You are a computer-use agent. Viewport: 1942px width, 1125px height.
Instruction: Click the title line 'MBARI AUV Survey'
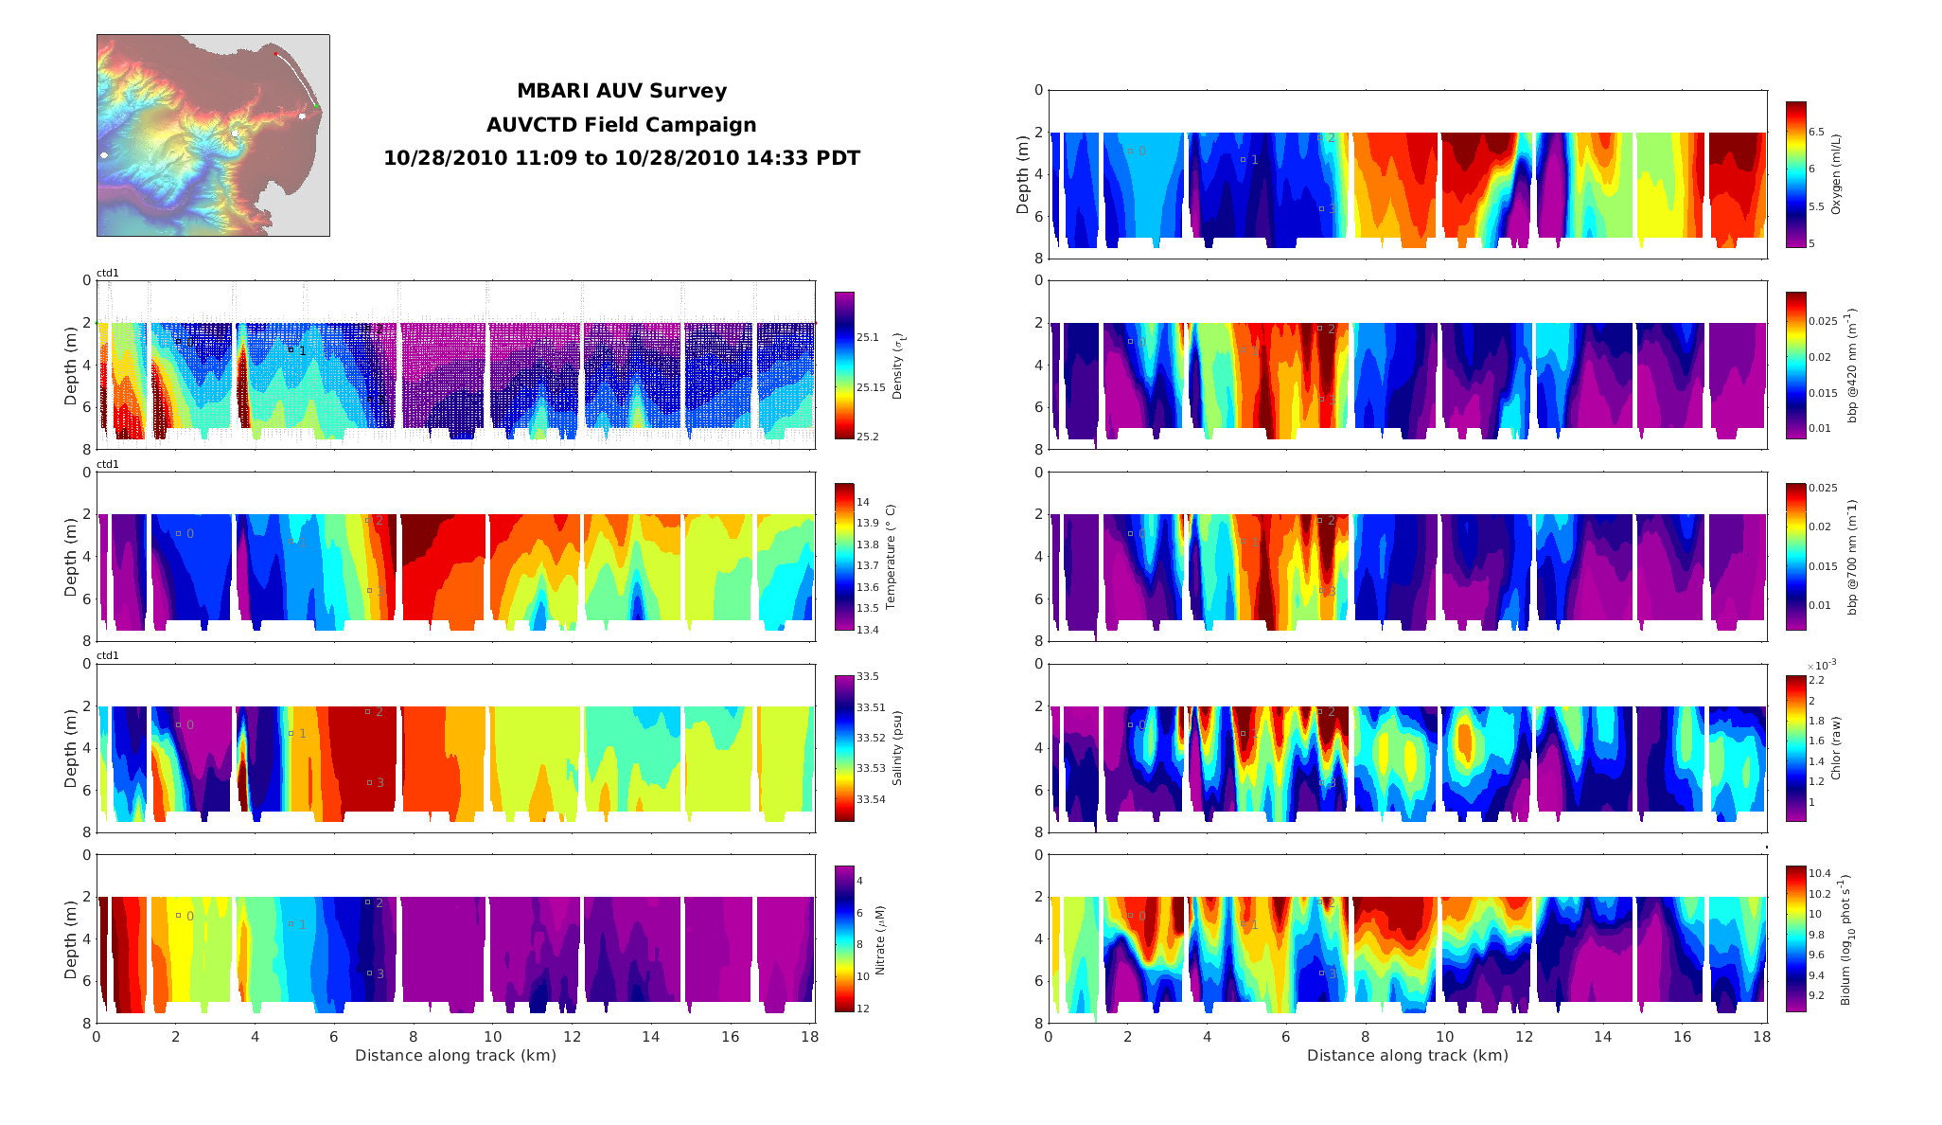tap(622, 91)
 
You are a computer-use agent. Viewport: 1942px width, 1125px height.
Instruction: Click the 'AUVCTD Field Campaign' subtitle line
tap(622, 125)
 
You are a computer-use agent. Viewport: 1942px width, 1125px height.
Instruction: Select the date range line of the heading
tap(622, 158)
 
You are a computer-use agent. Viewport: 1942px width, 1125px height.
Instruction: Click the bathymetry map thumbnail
tap(213, 135)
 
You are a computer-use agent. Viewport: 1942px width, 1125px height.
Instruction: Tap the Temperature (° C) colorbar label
tap(891, 556)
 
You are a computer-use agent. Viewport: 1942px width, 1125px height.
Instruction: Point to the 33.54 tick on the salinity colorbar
tap(871, 799)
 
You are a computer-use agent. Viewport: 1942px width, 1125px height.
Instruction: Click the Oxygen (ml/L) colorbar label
tap(1836, 173)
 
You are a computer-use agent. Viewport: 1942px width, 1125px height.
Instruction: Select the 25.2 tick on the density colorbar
tap(868, 437)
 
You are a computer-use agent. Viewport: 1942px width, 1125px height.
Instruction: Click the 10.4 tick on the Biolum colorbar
tap(1820, 873)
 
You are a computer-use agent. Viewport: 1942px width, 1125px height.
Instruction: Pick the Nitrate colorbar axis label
tap(880, 940)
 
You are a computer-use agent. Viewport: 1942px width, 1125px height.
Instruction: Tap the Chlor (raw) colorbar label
tap(1836, 748)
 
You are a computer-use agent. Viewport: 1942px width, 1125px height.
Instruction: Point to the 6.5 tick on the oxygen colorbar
tap(1817, 132)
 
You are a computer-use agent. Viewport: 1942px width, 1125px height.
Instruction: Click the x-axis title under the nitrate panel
tap(455, 1056)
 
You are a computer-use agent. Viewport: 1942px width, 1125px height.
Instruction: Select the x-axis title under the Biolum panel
tap(1407, 1056)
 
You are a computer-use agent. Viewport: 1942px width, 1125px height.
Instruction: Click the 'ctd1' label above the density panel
tap(108, 273)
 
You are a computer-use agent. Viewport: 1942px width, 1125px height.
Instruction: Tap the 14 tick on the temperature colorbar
tap(863, 502)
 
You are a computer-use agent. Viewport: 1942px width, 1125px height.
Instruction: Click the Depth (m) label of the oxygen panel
tap(1022, 174)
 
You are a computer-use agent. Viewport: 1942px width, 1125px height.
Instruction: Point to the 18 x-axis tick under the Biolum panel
tap(1760, 1037)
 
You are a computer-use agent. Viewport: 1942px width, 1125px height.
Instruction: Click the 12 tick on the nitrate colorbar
tap(863, 1009)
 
